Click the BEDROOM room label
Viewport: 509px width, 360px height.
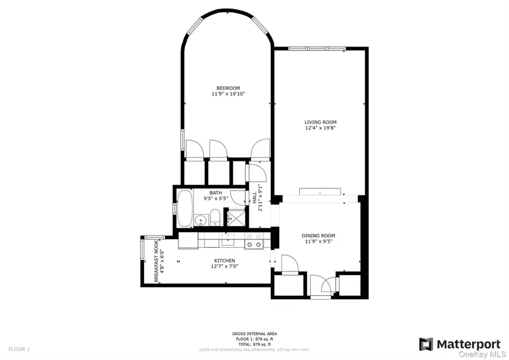(x=228, y=88)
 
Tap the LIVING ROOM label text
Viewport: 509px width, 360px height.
(x=320, y=122)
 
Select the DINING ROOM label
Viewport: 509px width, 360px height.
(x=318, y=235)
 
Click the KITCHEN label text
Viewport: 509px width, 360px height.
(x=224, y=260)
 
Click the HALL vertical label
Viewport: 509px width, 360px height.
(x=255, y=198)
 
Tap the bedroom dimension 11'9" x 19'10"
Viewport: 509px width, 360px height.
(x=228, y=94)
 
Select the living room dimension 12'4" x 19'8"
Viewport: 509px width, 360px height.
(x=320, y=128)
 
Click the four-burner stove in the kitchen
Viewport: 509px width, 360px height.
(x=253, y=241)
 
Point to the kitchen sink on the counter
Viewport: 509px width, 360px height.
(x=228, y=242)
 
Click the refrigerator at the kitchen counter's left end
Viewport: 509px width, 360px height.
(x=187, y=241)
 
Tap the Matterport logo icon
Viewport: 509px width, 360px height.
(x=426, y=344)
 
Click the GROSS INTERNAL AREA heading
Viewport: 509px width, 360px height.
(x=254, y=333)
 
